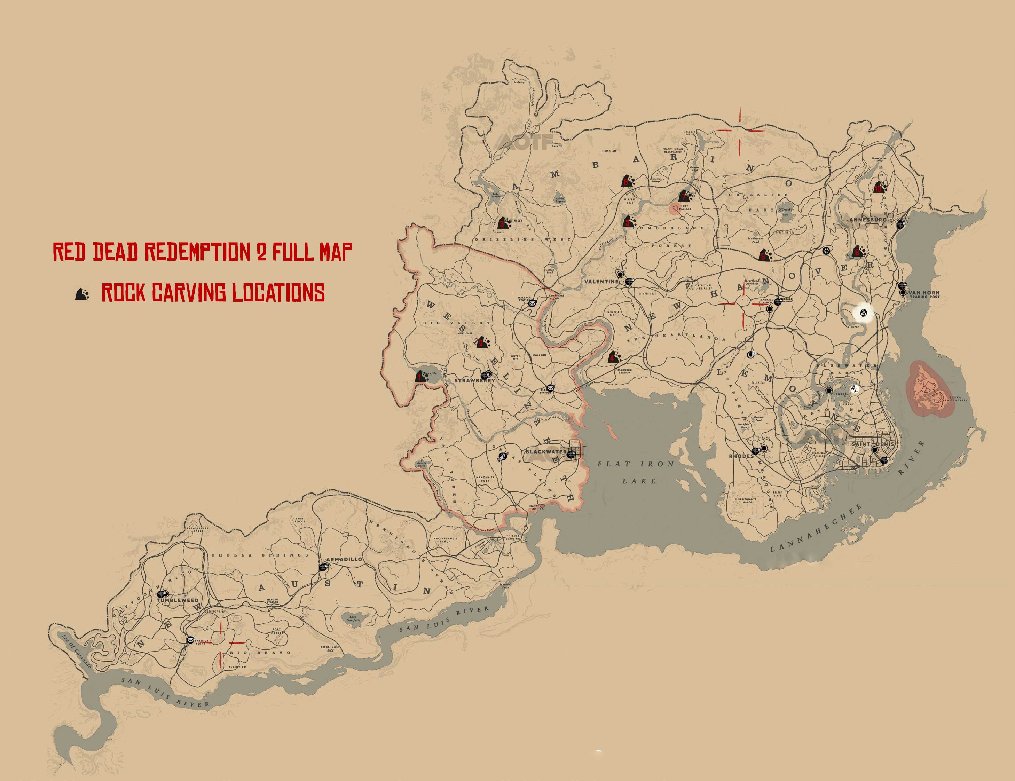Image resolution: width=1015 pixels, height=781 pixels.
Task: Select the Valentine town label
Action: click(602, 282)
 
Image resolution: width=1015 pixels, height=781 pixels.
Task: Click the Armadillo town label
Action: click(344, 559)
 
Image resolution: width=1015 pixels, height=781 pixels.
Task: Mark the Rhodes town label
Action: click(741, 456)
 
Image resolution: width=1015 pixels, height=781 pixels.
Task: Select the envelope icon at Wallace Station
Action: click(532, 303)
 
